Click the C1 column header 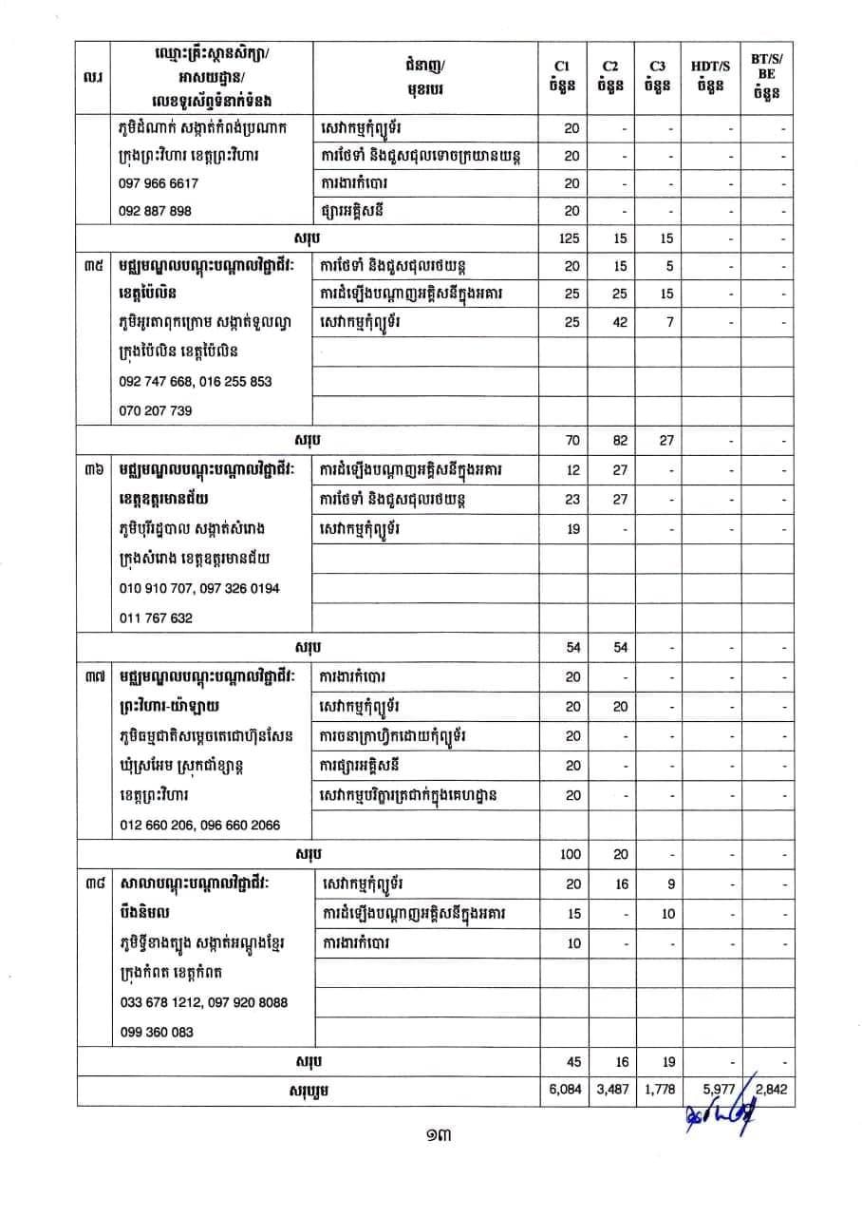click(561, 75)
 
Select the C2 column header click(609, 75)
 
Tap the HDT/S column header click(712, 75)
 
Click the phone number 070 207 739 click(157, 410)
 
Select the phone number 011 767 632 click(157, 617)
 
